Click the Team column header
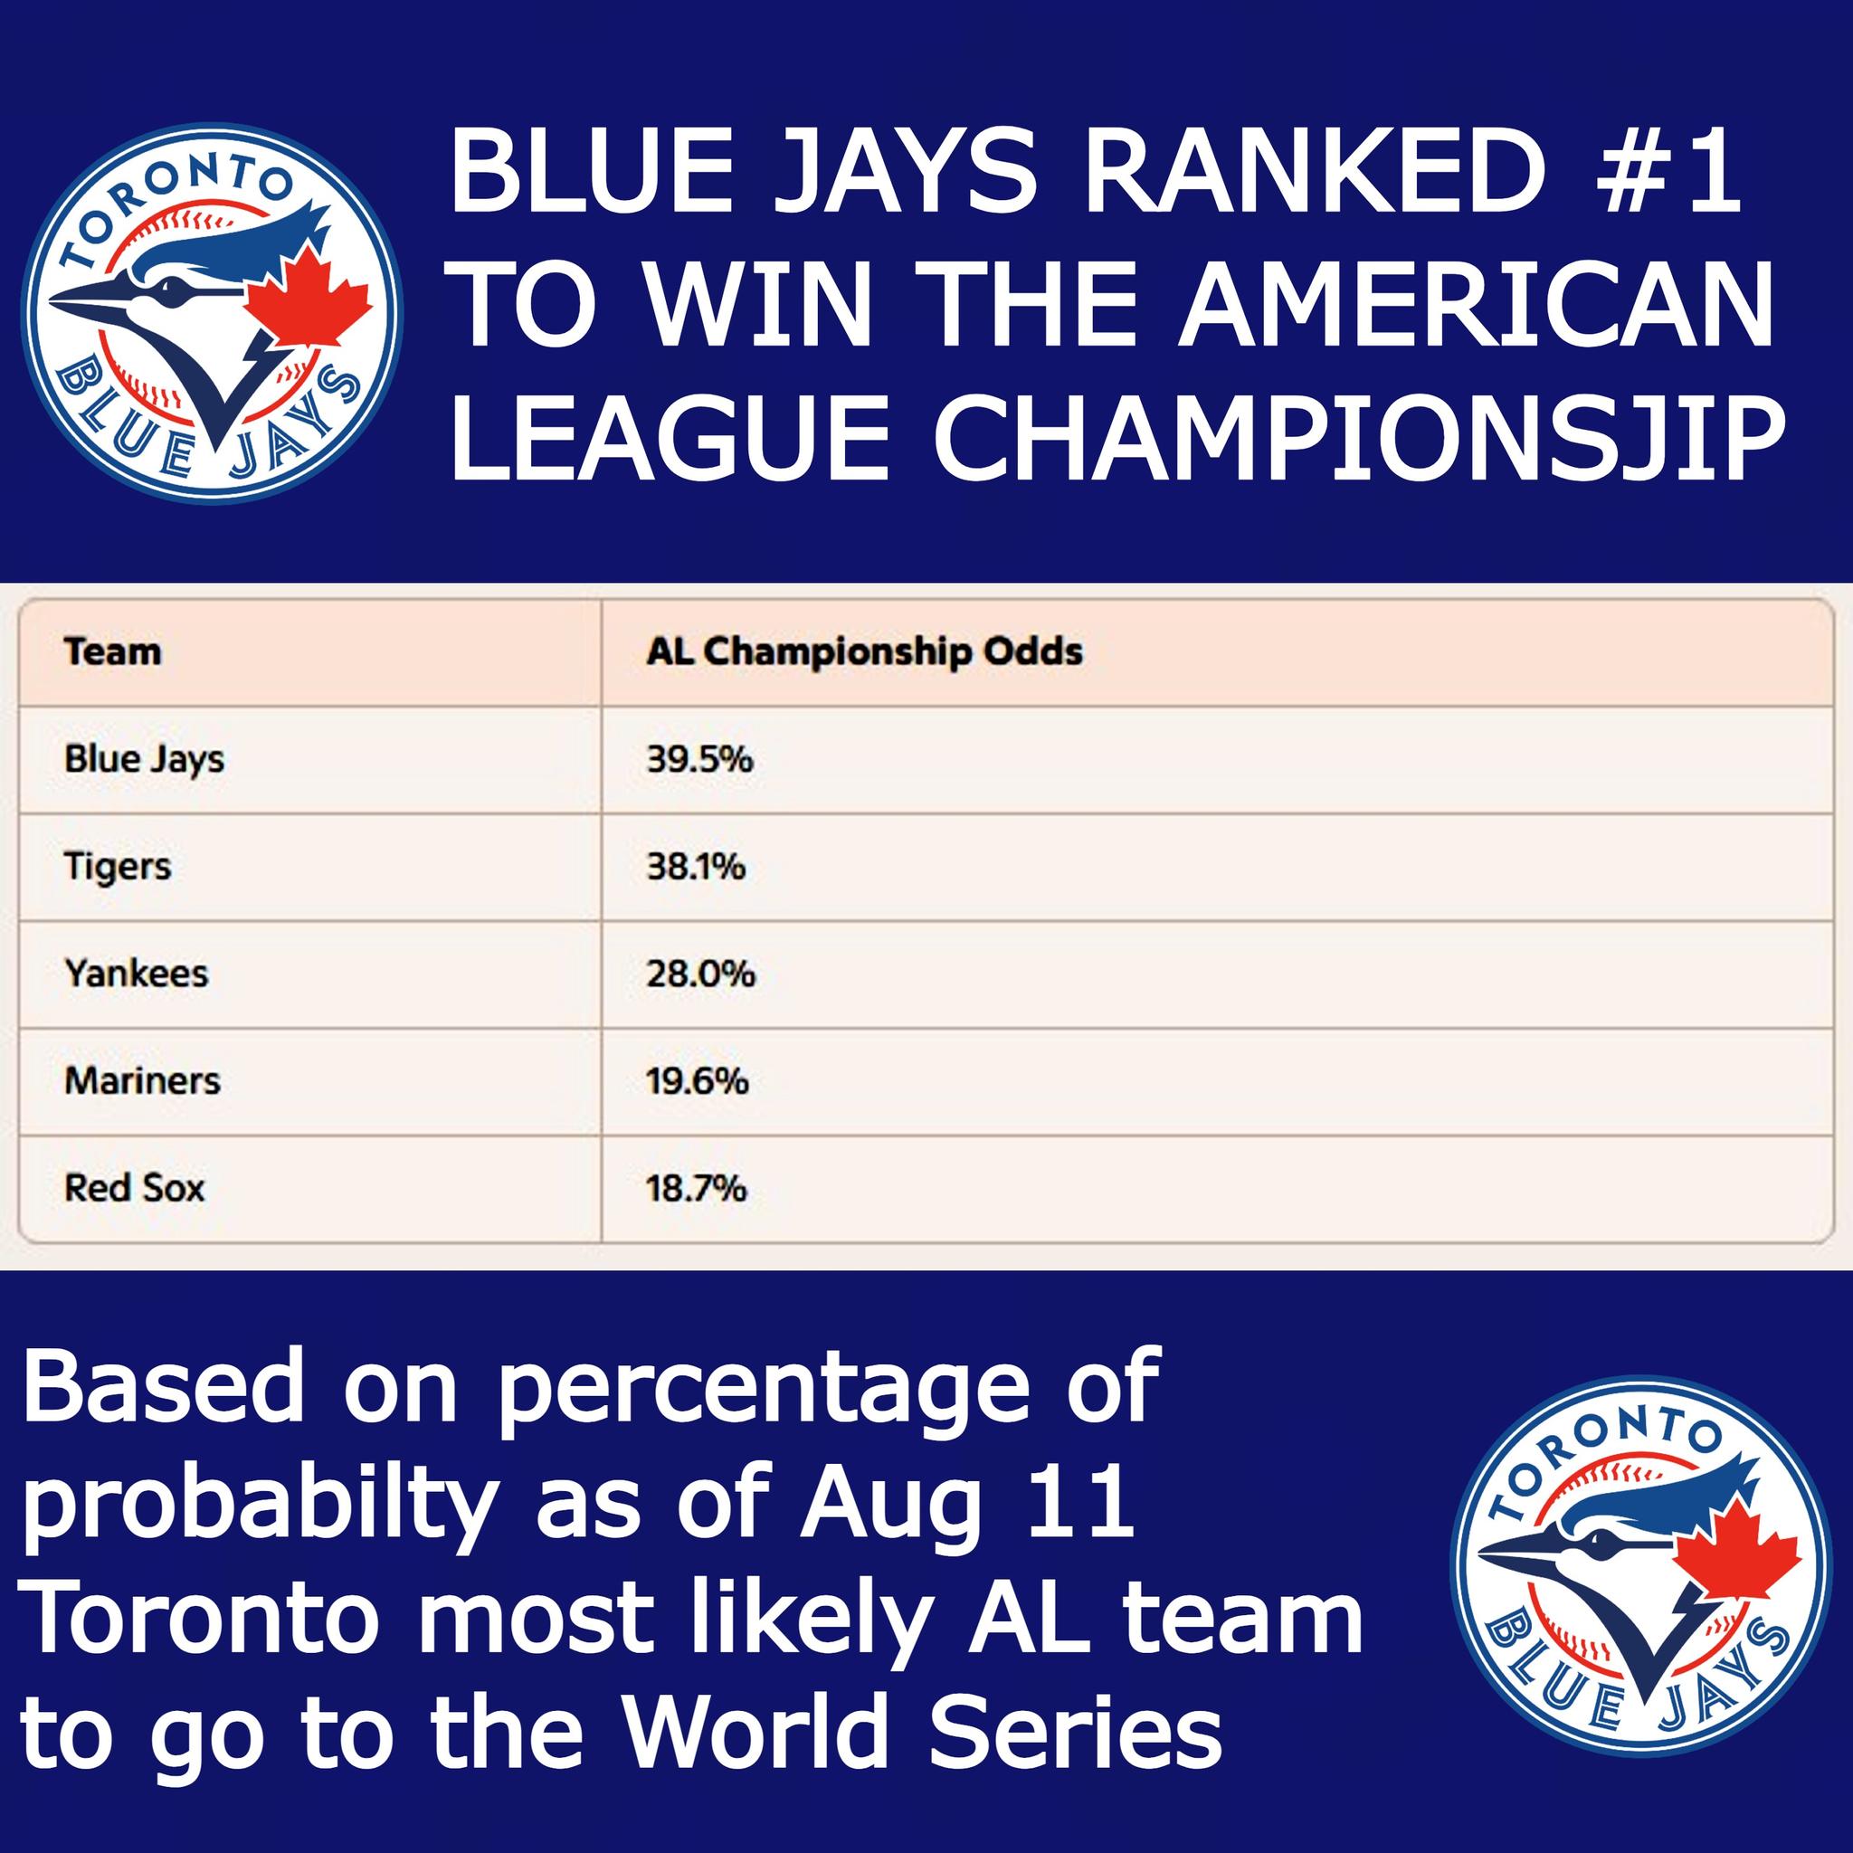click(112, 652)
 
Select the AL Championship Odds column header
click(864, 652)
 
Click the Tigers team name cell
click(117, 867)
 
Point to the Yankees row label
click(137, 974)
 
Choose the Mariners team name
click(142, 1081)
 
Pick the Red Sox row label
click(134, 1188)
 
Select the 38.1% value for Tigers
click(697, 867)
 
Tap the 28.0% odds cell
click(701, 974)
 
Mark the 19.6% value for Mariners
click(698, 1082)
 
